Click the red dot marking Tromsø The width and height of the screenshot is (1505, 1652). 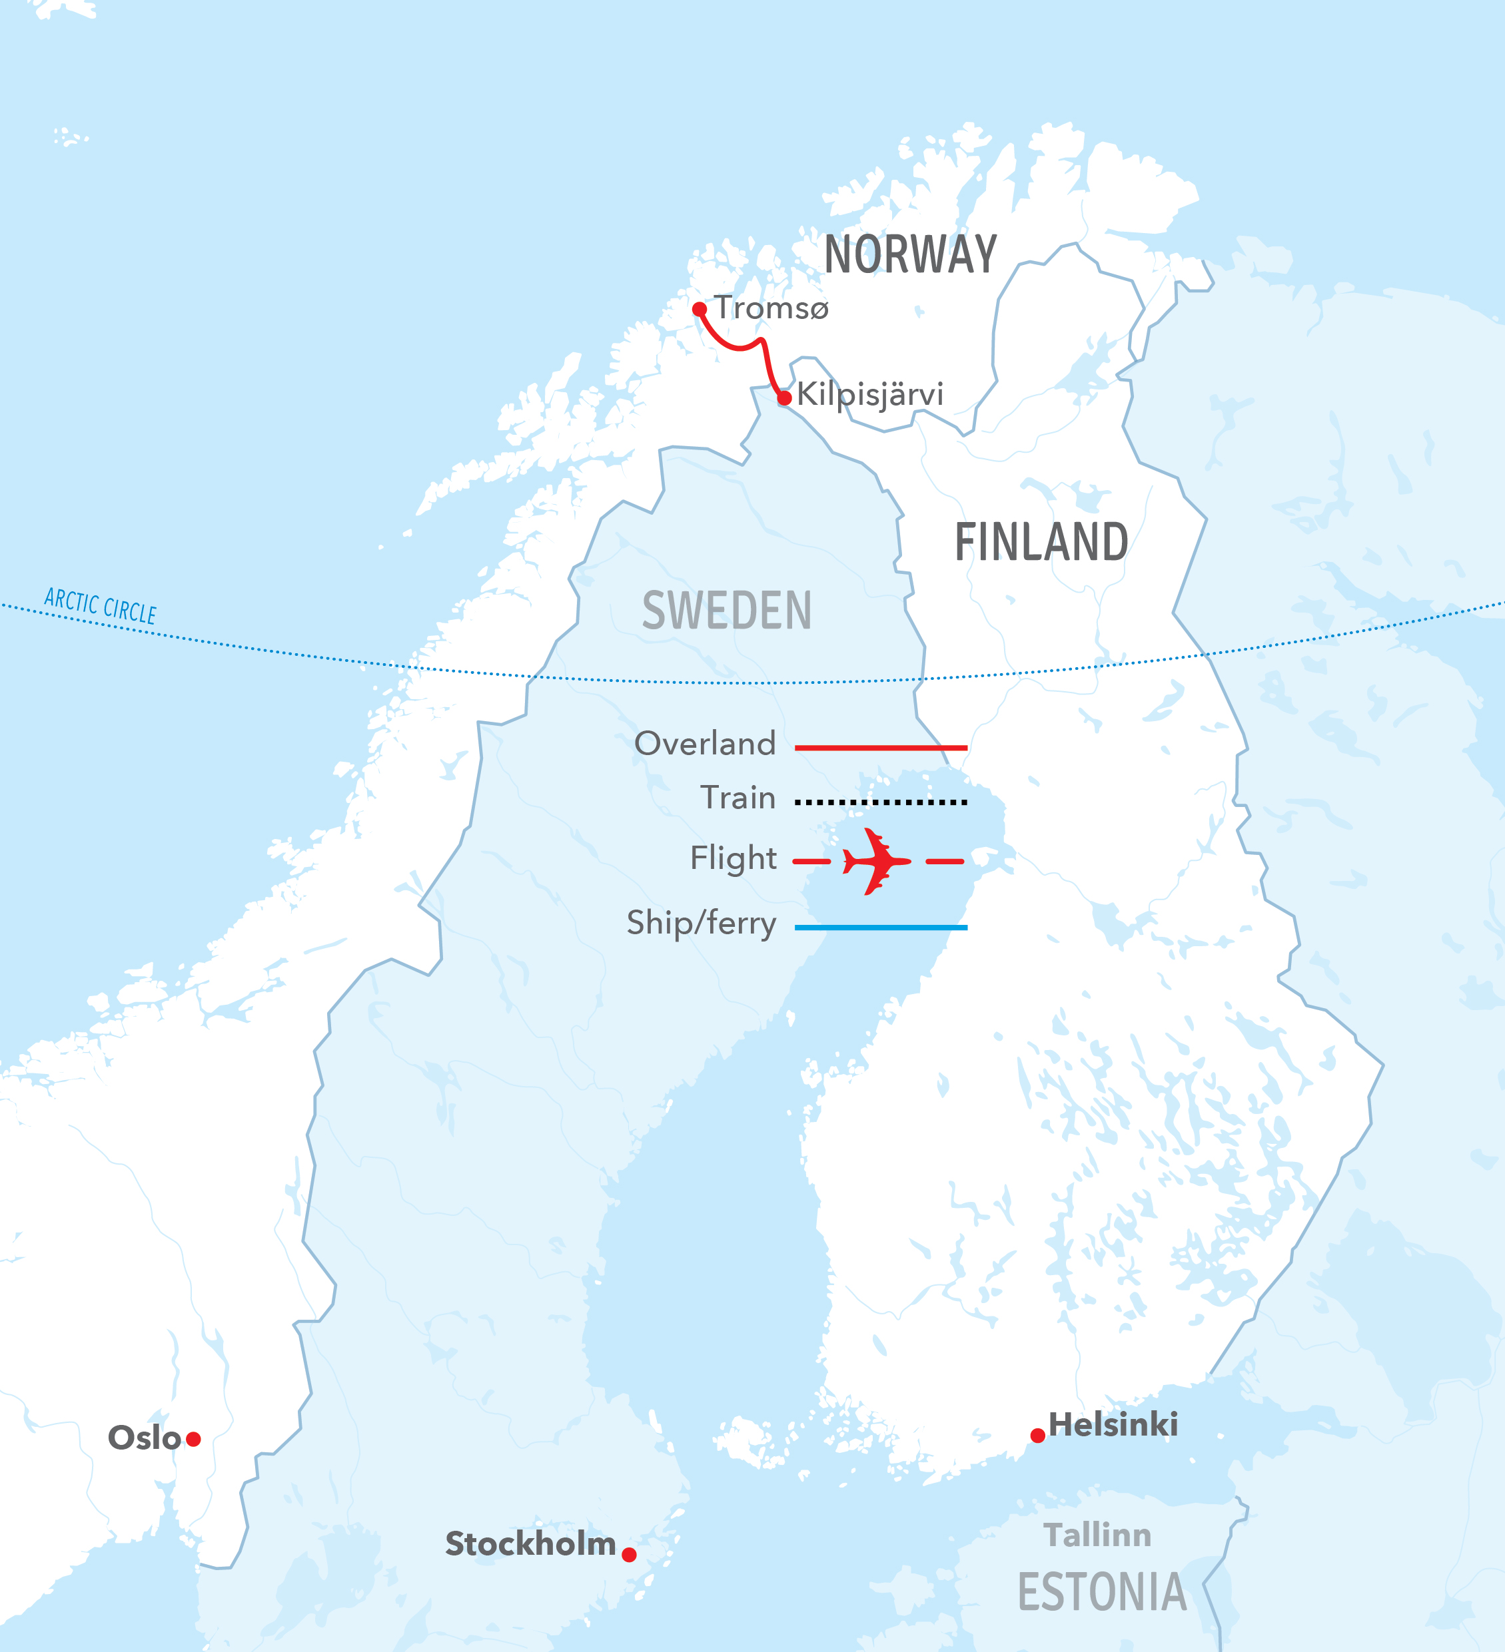click(x=700, y=309)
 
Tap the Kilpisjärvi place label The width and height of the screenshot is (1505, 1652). click(x=869, y=394)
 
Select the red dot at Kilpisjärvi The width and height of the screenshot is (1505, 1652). click(x=784, y=398)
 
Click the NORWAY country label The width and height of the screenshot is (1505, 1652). click(x=910, y=255)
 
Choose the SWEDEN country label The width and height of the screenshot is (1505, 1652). click(x=726, y=611)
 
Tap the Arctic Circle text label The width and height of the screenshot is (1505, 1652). click(x=100, y=605)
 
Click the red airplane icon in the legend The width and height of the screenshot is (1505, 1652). click(x=876, y=861)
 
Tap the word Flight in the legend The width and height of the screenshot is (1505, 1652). click(x=733, y=858)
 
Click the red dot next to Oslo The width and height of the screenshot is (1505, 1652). click(x=193, y=1439)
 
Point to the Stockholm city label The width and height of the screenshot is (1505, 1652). click(x=530, y=1544)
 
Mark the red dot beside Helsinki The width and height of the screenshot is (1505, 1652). click(x=1038, y=1436)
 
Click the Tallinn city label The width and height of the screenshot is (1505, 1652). click(x=1097, y=1535)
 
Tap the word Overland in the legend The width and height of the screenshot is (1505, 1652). click(x=704, y=743)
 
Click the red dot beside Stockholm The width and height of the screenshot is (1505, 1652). click(x=629, y=1555)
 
